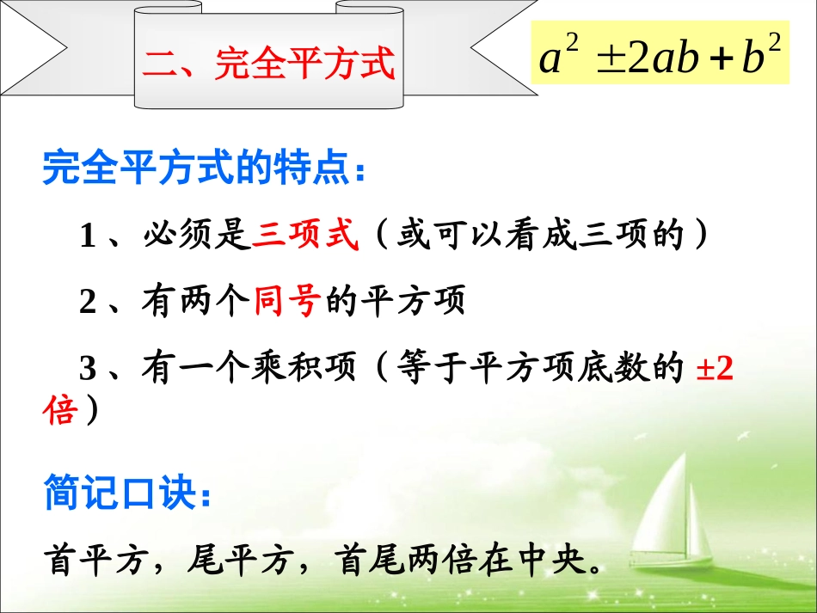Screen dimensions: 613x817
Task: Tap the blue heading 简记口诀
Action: click(123, 496)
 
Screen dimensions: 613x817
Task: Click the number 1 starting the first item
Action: click(87, 236)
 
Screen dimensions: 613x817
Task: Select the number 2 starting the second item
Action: click(87, 303)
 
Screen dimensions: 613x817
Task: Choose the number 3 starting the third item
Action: click(87, 369)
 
